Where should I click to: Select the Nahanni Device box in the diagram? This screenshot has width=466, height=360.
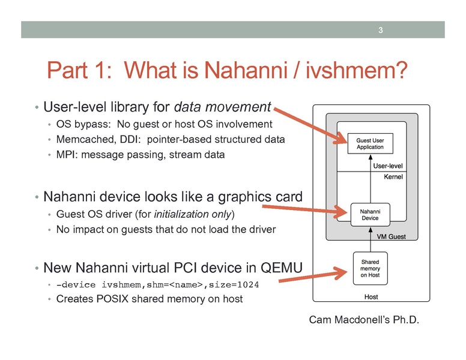click(x=369, y=214)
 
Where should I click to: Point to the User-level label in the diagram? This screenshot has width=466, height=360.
click(x=387, y=165)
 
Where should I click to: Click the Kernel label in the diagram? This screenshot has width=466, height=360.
click(x=392, y=178)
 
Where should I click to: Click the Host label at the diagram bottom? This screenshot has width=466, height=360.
click(x=371, y=297)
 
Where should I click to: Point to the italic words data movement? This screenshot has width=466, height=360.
click(x=222, y=108)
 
